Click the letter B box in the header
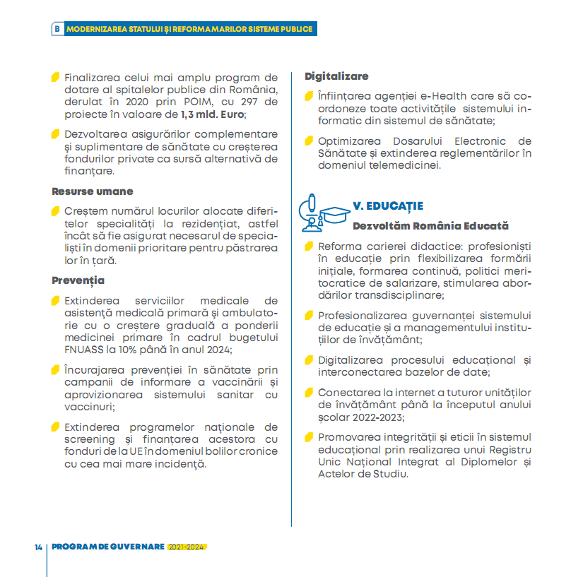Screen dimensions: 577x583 pos(57,29)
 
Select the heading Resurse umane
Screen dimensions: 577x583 pos(93,191)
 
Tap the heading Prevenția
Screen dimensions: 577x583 pos(78,280)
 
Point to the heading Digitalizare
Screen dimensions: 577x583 pos(336,76)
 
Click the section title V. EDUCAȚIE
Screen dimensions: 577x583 pos(388,206)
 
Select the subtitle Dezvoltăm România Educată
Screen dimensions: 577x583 pos(430,226)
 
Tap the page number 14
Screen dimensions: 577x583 pos(38,547)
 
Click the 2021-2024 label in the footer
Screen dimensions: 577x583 pos(187,547)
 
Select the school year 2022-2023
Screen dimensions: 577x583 pos(377,417)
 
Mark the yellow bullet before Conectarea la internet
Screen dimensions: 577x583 pos(309,392)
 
